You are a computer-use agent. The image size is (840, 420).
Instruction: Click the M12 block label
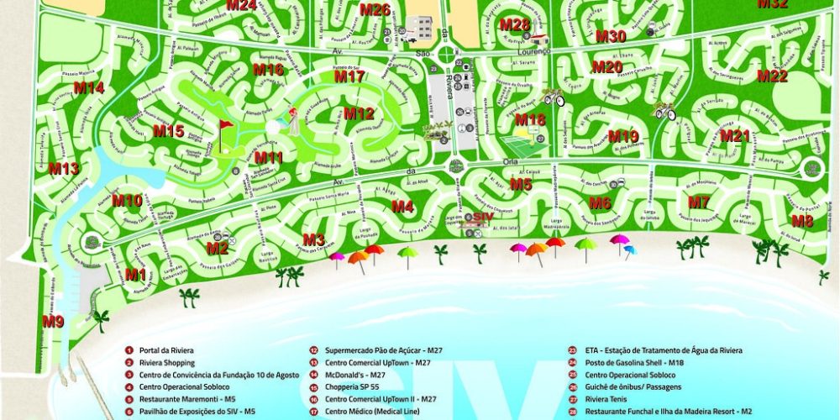click(x=358, y=113)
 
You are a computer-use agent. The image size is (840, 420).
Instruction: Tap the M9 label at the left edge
click(x=53, y=321)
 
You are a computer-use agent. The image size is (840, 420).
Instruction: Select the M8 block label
click(x=802, y=221)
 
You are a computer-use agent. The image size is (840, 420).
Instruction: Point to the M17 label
click(x=349, y=76)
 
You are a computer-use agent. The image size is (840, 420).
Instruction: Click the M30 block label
click(x=611, y=36)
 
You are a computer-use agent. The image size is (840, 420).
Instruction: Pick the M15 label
click(x=168, y=131)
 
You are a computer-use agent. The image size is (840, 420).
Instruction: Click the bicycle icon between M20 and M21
click(x=664, y=111)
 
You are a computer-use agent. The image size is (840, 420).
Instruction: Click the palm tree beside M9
click(x=102, y=318)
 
